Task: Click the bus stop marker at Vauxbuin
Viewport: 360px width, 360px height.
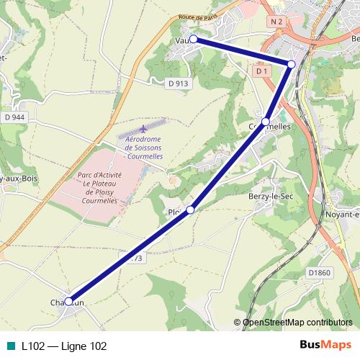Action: click(x=193, y=40)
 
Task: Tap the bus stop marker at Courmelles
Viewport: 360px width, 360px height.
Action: click(x=266, y=122)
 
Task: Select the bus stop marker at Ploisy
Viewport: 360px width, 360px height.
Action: click(x=191, y=210)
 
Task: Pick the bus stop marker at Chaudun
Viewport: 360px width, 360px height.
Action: click(x=69, y=301)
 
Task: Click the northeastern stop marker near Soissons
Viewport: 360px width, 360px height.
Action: click(x=292, y=64)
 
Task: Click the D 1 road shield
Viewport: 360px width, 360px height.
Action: click(x=261, y=71)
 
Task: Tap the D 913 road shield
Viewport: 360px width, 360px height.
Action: click(x=178, y=84)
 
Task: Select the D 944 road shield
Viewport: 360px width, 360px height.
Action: click(x=14, y=117)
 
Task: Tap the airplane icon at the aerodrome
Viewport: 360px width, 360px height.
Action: click(x=143, y=128)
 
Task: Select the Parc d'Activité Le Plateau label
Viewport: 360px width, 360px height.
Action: click(x=101, y=188)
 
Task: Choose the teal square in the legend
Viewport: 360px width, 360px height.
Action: click(x=10, y=346)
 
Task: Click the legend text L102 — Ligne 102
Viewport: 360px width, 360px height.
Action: click(x=64, y=346)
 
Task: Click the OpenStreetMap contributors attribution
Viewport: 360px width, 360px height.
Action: click(x=297, y=323)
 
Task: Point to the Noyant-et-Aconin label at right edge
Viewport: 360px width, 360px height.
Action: click(x=342, y=214)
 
